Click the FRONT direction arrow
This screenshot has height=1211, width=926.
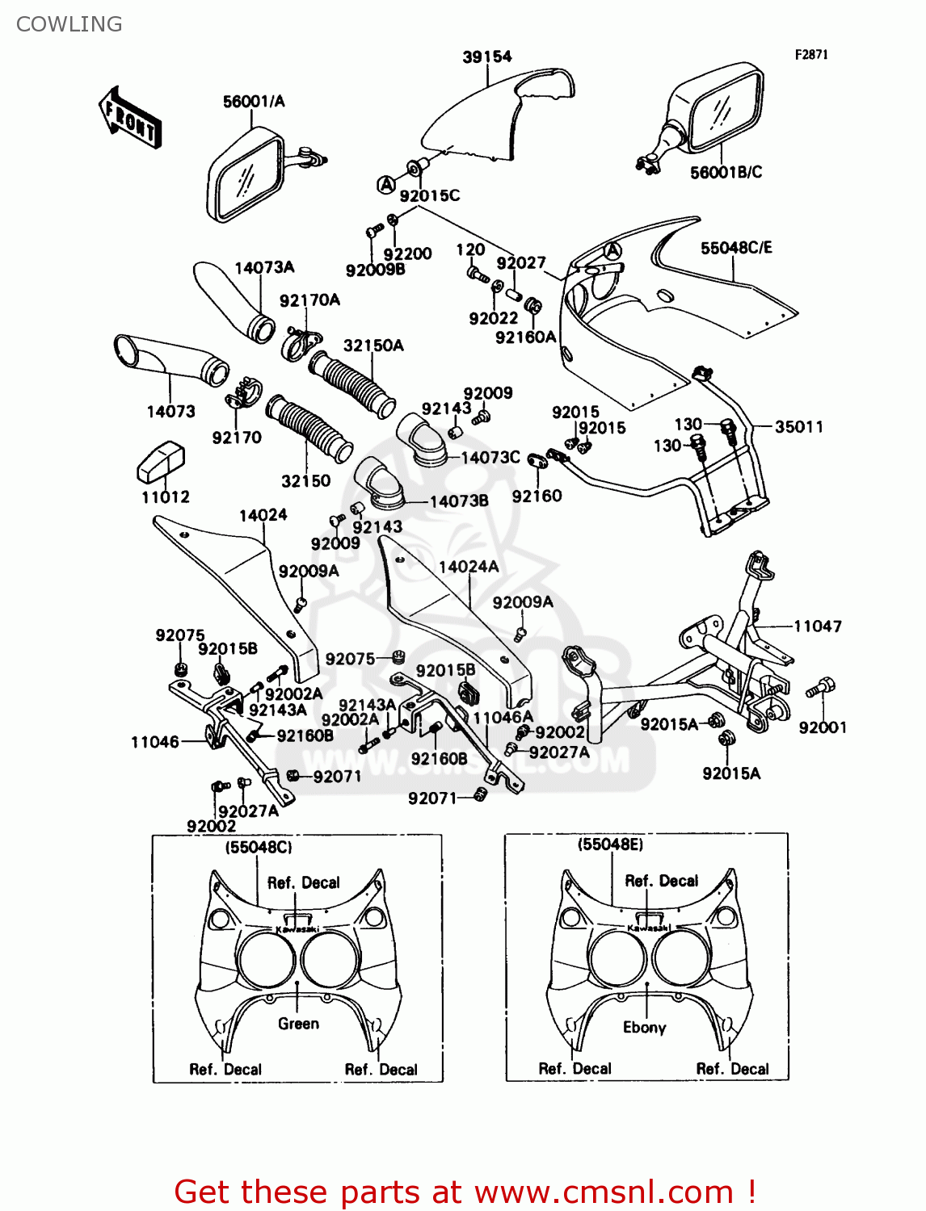coord(129,118)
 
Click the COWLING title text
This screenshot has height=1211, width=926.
coord(69,24)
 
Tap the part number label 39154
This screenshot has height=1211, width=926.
coord(486,57)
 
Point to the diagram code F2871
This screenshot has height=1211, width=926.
coord(810,55)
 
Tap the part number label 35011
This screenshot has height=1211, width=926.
coord(798,427)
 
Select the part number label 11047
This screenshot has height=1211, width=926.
coord(817,626)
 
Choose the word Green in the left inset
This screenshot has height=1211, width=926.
coord(298,1024)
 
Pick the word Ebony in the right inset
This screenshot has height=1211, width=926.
coord(644,1028)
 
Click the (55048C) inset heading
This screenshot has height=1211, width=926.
coord(259,847)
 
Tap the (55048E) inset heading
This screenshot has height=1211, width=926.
coord(610,844)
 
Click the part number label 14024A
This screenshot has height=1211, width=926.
coord(469,567)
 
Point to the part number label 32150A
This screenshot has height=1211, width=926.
coord(373,346)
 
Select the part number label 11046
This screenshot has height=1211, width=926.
coord(154,742)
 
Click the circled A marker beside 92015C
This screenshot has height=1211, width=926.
coord(386,185)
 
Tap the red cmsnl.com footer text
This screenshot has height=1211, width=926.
coord(465,1192)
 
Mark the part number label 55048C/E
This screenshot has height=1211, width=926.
coord(735,248)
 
